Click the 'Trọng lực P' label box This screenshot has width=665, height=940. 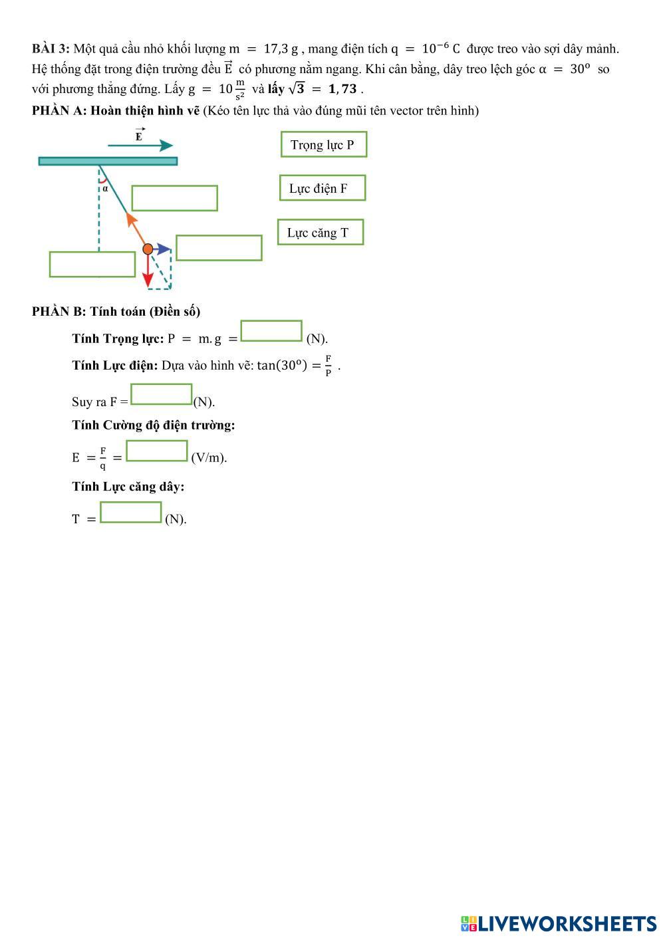[324, 144]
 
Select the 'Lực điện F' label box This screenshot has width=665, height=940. [323, 188]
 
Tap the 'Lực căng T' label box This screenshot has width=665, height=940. [321, 232]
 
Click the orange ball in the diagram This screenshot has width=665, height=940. [148, 249]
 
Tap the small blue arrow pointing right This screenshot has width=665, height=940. [163, 249]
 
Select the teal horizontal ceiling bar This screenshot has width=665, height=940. [108, 161]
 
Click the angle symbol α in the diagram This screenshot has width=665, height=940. [105, 188]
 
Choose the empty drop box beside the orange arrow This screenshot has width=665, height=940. [175, 198]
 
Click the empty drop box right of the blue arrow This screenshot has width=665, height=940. [219, 248]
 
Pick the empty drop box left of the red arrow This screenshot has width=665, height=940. [92, 264]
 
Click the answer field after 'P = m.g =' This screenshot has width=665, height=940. [271, 331]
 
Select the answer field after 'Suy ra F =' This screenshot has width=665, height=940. [162, 394]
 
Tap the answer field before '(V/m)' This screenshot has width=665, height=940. [157, 451]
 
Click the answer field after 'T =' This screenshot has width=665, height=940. [131, 513]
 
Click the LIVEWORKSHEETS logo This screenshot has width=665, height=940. [559, 923]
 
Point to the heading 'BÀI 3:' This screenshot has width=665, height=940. [51, 49]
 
